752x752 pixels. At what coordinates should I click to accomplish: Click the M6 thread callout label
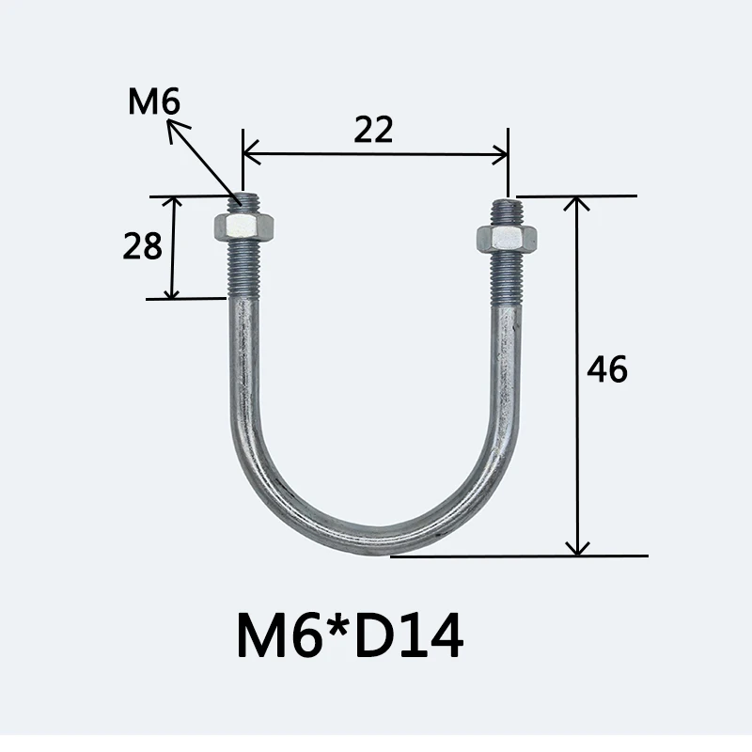click(154, 102)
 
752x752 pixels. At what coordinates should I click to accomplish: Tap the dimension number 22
click(373, 130)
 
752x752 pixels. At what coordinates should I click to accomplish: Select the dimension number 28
click(143, 246)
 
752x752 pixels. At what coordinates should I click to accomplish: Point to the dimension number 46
click(607, 368)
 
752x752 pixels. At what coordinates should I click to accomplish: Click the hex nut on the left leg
click(243, 227)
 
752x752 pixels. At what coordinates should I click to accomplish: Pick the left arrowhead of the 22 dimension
click(250, 153)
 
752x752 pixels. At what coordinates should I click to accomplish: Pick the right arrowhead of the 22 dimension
click(501, 154)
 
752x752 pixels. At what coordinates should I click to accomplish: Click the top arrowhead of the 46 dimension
click(576, 203)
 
